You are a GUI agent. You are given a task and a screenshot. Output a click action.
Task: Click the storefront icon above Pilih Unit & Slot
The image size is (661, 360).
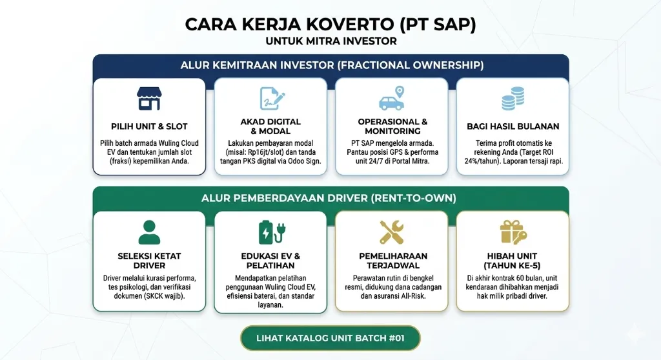149,99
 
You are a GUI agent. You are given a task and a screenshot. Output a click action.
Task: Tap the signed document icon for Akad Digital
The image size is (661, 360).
272,99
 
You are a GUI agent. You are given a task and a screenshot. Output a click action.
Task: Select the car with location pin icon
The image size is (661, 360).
392,98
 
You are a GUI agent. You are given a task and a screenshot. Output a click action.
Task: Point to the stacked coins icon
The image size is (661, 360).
513,99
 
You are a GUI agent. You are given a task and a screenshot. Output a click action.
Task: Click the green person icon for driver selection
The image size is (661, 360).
149,232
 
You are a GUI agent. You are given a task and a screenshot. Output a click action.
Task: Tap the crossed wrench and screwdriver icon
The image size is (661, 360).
392,232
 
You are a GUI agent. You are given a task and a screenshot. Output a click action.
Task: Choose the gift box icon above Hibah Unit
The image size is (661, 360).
513,232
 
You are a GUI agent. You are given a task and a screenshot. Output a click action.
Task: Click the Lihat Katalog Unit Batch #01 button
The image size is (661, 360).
330,338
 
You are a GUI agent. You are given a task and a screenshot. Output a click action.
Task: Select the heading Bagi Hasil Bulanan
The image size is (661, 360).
513,126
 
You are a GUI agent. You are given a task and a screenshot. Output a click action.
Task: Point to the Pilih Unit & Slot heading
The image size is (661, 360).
149,126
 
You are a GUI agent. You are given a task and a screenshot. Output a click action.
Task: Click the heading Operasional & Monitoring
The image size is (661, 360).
392,126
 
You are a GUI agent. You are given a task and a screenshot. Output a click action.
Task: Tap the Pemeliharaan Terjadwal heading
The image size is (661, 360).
393,261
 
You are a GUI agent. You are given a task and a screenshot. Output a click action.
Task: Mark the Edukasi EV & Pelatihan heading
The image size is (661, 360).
270,261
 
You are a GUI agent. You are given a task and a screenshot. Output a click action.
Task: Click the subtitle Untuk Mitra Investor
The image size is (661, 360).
331,41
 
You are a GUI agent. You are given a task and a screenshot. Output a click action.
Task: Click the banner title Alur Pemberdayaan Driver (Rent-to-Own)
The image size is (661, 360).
329,198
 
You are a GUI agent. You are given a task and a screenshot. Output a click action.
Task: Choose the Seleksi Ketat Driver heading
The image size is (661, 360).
149,261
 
